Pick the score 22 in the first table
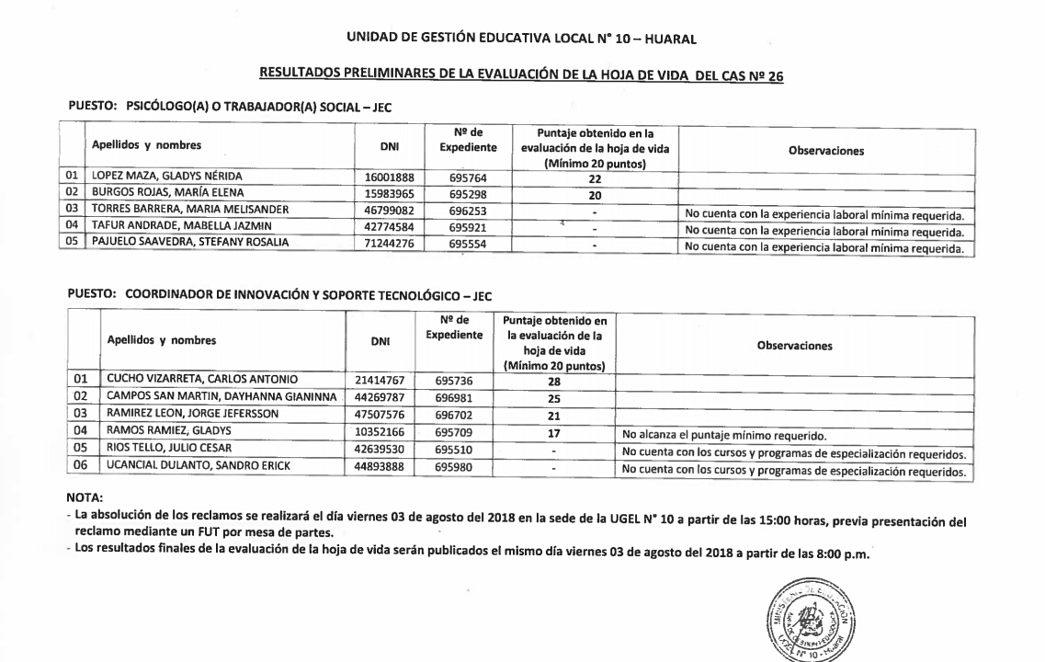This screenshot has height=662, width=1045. pos(595,178)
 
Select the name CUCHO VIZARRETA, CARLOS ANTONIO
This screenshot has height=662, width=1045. pos(202,378)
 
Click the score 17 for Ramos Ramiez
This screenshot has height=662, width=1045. pos(554,431)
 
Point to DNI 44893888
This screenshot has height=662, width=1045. pos(379,466)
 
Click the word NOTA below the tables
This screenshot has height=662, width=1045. pos(85,499)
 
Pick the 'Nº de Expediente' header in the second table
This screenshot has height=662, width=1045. pos(454,328)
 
